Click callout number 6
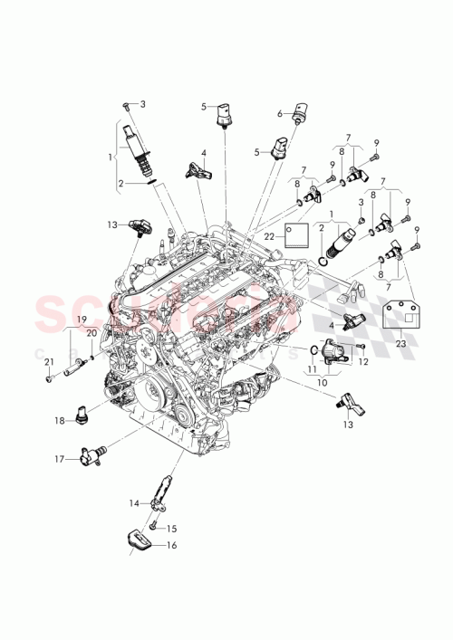click(280, 114)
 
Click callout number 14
click(132, 502)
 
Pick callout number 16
click(172, 546)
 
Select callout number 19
click(81, 320)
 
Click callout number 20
click(91, 332)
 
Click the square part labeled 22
click(294, 234)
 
